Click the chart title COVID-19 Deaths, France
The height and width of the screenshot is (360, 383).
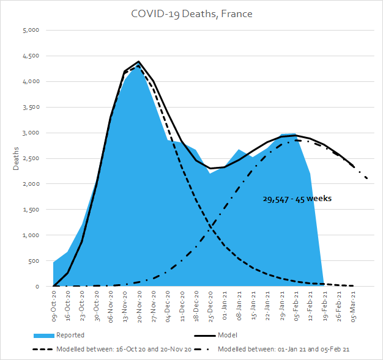point(191,13)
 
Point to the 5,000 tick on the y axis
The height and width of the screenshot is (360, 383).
point(31,30)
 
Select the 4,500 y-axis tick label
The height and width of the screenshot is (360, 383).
point(31,56)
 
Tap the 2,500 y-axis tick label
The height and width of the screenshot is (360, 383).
point(31,158)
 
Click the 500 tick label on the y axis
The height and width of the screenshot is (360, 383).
point(34,261)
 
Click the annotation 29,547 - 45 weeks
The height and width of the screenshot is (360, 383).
point(296,199)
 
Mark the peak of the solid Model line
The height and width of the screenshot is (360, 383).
point(139,62)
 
